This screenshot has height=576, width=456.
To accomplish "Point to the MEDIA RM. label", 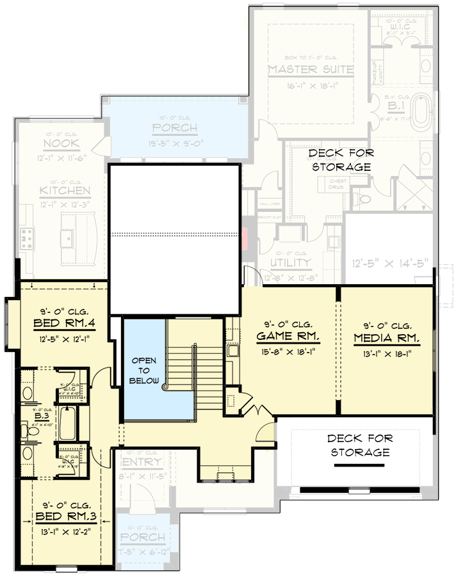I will coord(386,337).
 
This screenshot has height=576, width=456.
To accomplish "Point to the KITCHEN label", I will coord(64,191).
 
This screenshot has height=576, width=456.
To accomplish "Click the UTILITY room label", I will coord(290,263).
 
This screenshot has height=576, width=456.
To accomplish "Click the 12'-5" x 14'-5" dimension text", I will coord(386,262).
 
